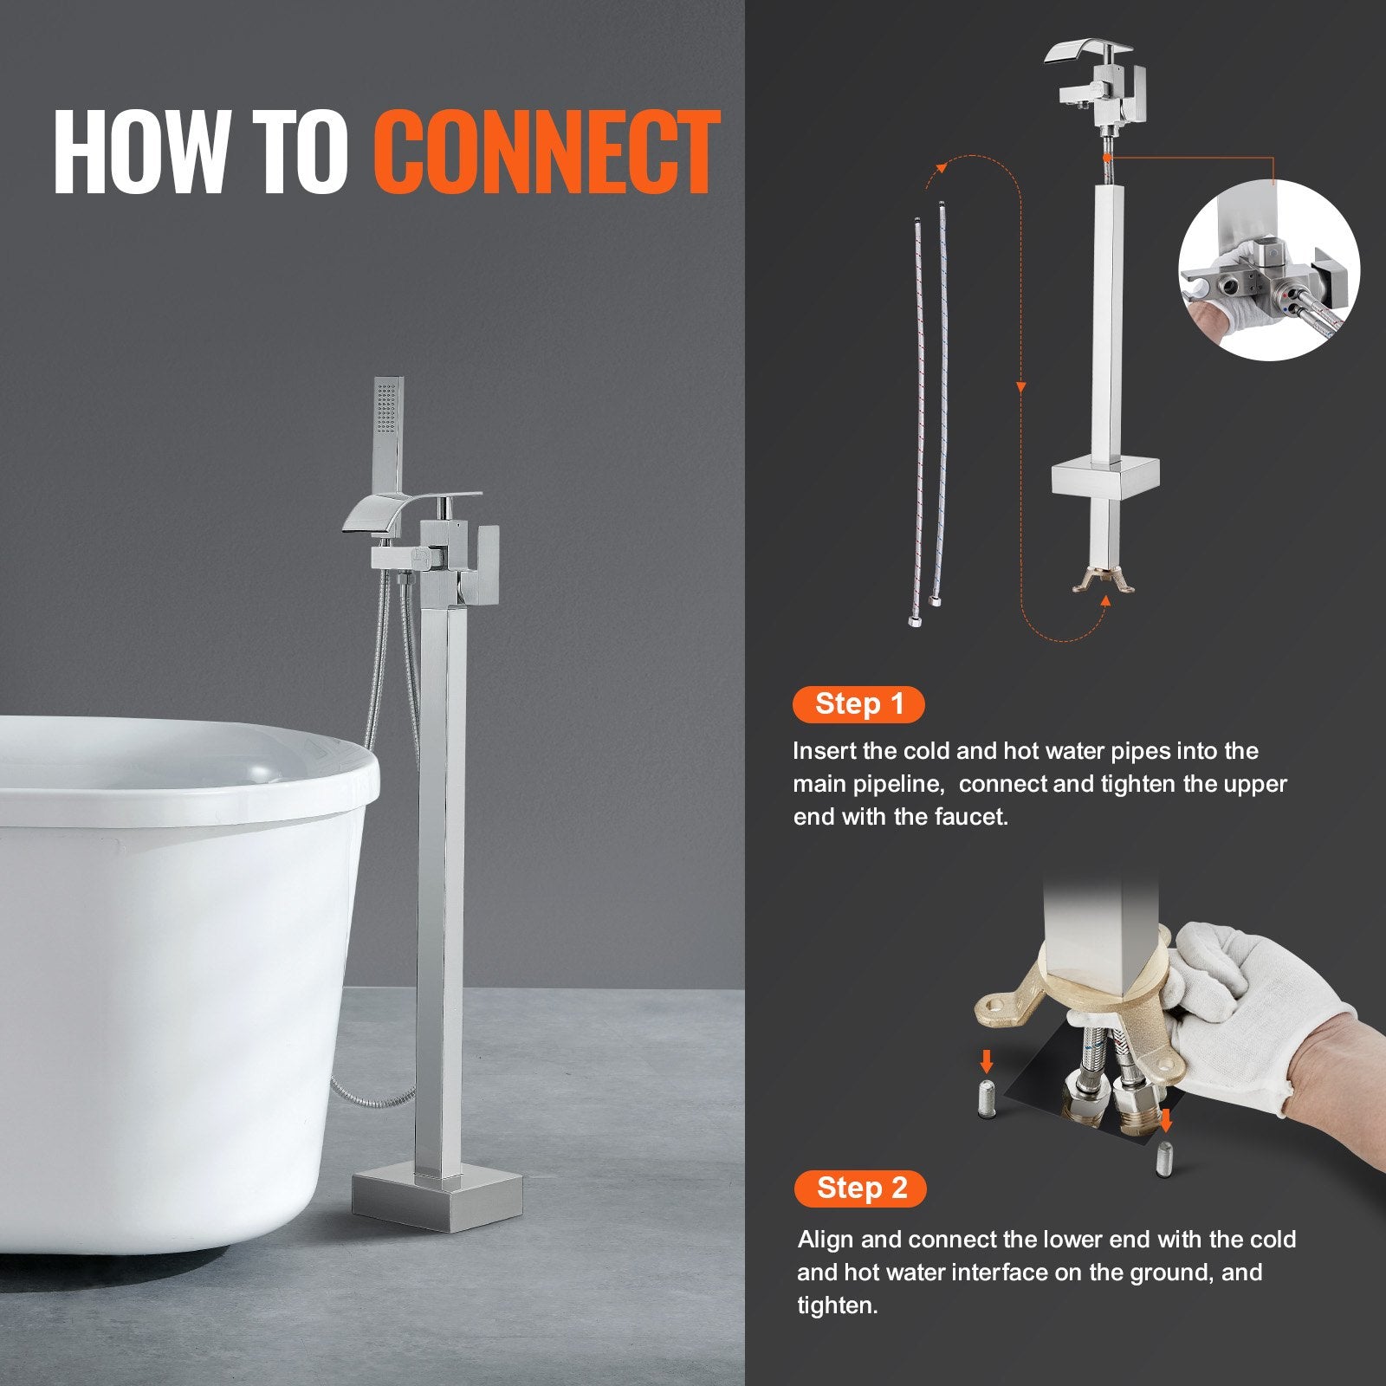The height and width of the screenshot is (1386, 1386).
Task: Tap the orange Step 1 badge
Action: [858, 704]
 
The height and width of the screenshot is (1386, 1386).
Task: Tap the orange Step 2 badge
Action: [860, 1188]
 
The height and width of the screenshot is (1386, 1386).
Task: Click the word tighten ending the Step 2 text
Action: [836, 1305]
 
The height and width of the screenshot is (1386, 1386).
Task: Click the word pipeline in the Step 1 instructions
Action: [904, 784]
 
